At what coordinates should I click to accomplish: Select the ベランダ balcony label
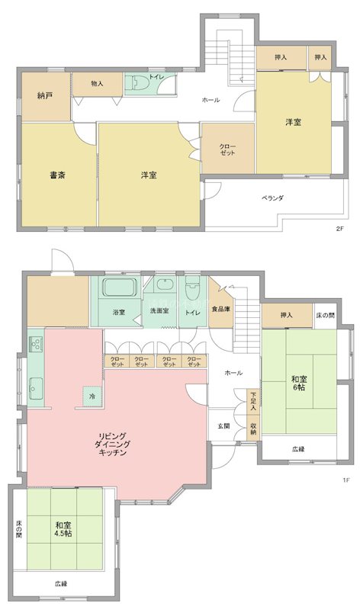pyautogui.click(x=272, y=197)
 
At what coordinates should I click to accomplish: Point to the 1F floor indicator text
pyautogui.click(x=345, y=480)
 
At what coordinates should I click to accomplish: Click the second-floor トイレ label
pyautogui.click(x=155, y=77)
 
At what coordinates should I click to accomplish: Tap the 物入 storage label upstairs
pyautogui.click(x=97, y=83)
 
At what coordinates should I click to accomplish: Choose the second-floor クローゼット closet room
pyautogui.click(x=227, y=149)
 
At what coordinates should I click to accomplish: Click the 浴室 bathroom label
pyautogui.click(x=119, y=312)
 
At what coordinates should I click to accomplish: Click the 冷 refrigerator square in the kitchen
pyautogui.click(x=92, y=397)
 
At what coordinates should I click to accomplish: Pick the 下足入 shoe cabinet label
pyautogui.click(x=254, y=400)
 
